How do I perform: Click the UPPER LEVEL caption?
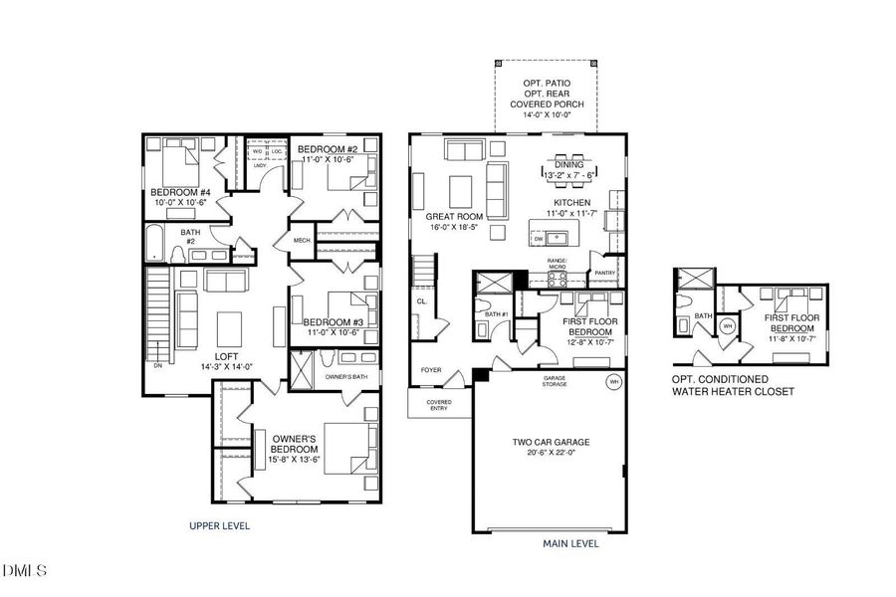220,524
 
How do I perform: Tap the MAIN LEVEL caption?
570,544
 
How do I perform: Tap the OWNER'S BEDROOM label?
295,445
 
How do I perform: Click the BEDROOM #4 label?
180,192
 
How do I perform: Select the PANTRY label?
605,273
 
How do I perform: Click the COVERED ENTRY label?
439,405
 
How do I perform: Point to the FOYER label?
431,369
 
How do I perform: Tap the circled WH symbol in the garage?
613,380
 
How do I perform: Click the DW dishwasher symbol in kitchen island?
539,239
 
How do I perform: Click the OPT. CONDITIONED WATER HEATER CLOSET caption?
735,386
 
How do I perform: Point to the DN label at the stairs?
157,365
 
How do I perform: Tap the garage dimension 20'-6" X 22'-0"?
551,453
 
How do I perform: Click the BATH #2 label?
190,237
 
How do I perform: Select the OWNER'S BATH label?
347,377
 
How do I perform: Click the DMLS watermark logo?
26,570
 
